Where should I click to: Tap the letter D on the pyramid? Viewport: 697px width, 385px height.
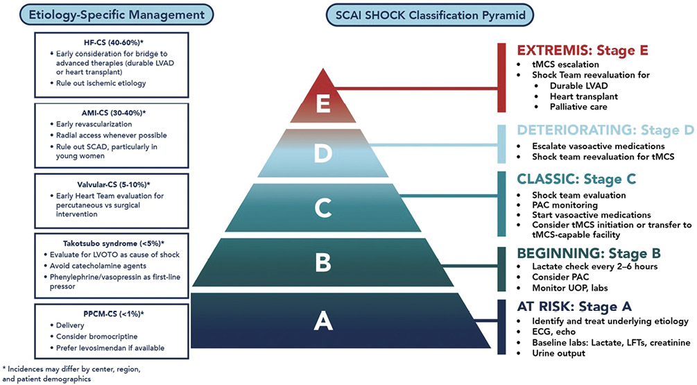click(x=321, y=155)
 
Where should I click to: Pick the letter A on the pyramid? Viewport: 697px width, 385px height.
click(x=321, y=320)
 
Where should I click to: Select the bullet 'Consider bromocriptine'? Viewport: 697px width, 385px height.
click(x=90, y=336)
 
